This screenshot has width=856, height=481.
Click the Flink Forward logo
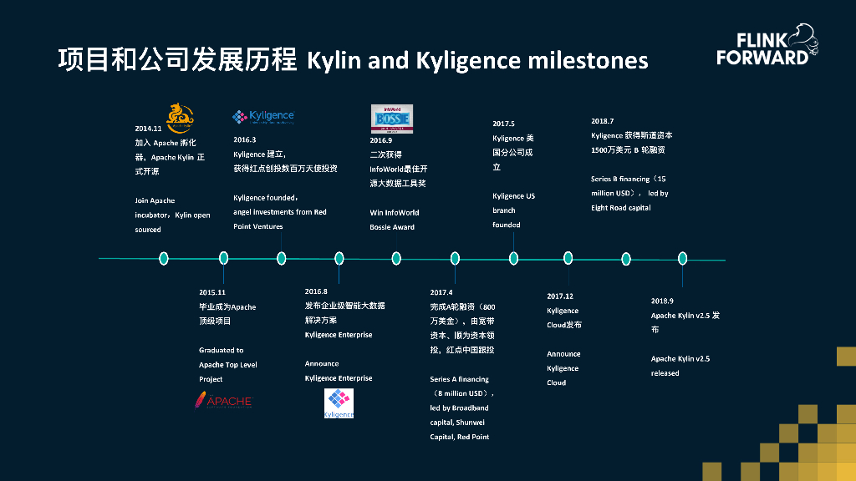pos(766,47)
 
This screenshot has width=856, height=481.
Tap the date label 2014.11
pos(147,129)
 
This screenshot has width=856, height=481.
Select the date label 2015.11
pos(212,292)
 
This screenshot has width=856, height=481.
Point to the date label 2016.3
pos(245,139)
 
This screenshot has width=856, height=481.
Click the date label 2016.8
pos(316,291)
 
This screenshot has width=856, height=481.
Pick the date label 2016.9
pos(381,140)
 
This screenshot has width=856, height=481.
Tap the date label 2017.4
pos(441,292)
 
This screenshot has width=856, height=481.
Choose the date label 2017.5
pos(503,124)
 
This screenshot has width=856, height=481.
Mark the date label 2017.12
pos(560,296)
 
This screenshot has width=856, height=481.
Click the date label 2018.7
pos(602,121)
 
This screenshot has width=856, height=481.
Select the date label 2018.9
pos(662,301)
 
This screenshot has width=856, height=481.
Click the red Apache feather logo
pos(223,400)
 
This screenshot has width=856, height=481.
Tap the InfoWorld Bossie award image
pos(391,119)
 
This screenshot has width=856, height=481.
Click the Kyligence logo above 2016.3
pos(263,117)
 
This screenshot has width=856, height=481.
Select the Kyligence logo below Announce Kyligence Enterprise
pos(339,403)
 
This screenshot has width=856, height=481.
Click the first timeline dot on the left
pos(164,258)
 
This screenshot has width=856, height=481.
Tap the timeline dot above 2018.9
pos(682,258)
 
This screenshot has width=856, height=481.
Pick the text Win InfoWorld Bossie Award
pos(395,220)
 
